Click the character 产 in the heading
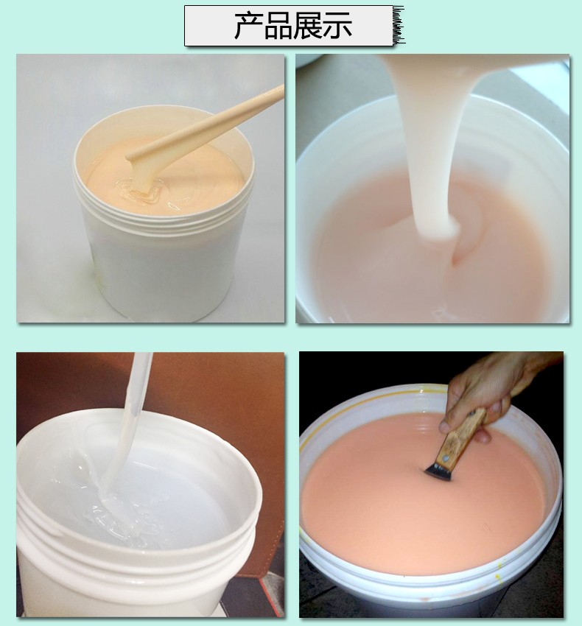248,26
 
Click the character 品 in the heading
278,26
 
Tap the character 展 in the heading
308,26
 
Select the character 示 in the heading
338,26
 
